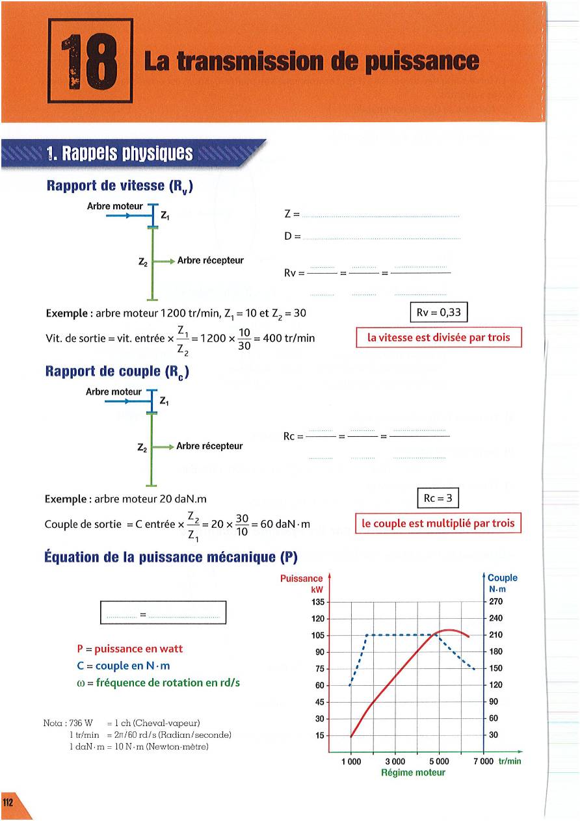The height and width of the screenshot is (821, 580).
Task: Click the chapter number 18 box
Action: point(90,60)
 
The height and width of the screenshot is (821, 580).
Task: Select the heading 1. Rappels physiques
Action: point(120,154)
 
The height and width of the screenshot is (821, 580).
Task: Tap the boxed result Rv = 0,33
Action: point(439,313)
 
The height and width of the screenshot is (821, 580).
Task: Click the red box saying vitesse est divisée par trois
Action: point(439,337)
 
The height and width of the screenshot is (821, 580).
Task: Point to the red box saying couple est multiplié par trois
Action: point(438,523)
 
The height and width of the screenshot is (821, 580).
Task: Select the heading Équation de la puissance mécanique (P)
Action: point(171,557)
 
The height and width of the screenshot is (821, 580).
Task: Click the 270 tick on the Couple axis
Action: point(496,601)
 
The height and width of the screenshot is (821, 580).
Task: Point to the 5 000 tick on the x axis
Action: point(439,761)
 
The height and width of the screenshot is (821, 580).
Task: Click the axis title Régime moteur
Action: point(413,773)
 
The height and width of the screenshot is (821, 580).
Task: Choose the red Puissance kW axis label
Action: point(302,583)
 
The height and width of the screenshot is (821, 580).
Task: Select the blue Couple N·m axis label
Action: point(502,583)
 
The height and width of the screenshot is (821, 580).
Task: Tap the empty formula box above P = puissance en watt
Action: point(163,612)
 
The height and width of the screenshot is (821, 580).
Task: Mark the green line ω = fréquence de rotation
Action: point(158,683)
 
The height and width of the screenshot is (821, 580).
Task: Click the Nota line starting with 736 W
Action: point(122,723)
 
